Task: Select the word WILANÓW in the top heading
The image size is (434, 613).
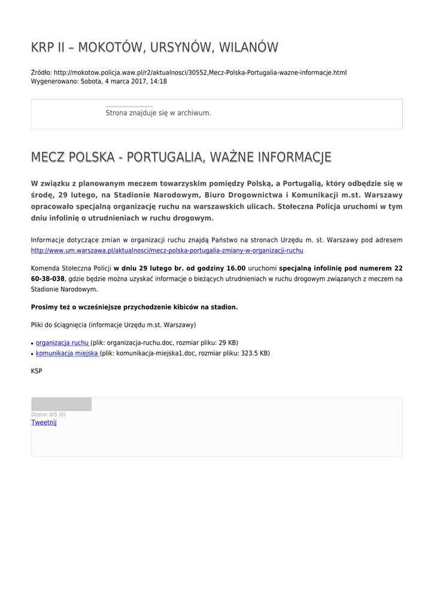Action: click(247, 47)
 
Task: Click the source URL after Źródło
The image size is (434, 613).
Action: click(200, 72)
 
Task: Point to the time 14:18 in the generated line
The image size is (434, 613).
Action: click(159, 81)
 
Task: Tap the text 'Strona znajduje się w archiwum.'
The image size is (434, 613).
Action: click(158, 113)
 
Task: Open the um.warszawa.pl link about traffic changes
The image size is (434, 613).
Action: click(167, 250)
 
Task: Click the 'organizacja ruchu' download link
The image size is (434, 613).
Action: click(62, 343)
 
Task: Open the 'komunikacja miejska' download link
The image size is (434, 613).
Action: click(67, 353)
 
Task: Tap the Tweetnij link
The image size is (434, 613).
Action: click(44, 423)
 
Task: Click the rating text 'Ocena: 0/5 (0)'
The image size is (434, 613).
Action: click(48, 414)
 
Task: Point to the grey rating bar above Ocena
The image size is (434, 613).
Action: click(61, 404)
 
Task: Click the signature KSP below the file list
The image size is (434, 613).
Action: click(37, 371)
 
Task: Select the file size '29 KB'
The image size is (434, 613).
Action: click(228, 343)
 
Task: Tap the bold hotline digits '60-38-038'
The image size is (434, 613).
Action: click(47, 279)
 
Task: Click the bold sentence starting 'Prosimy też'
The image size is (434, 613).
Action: click(134, 307)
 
